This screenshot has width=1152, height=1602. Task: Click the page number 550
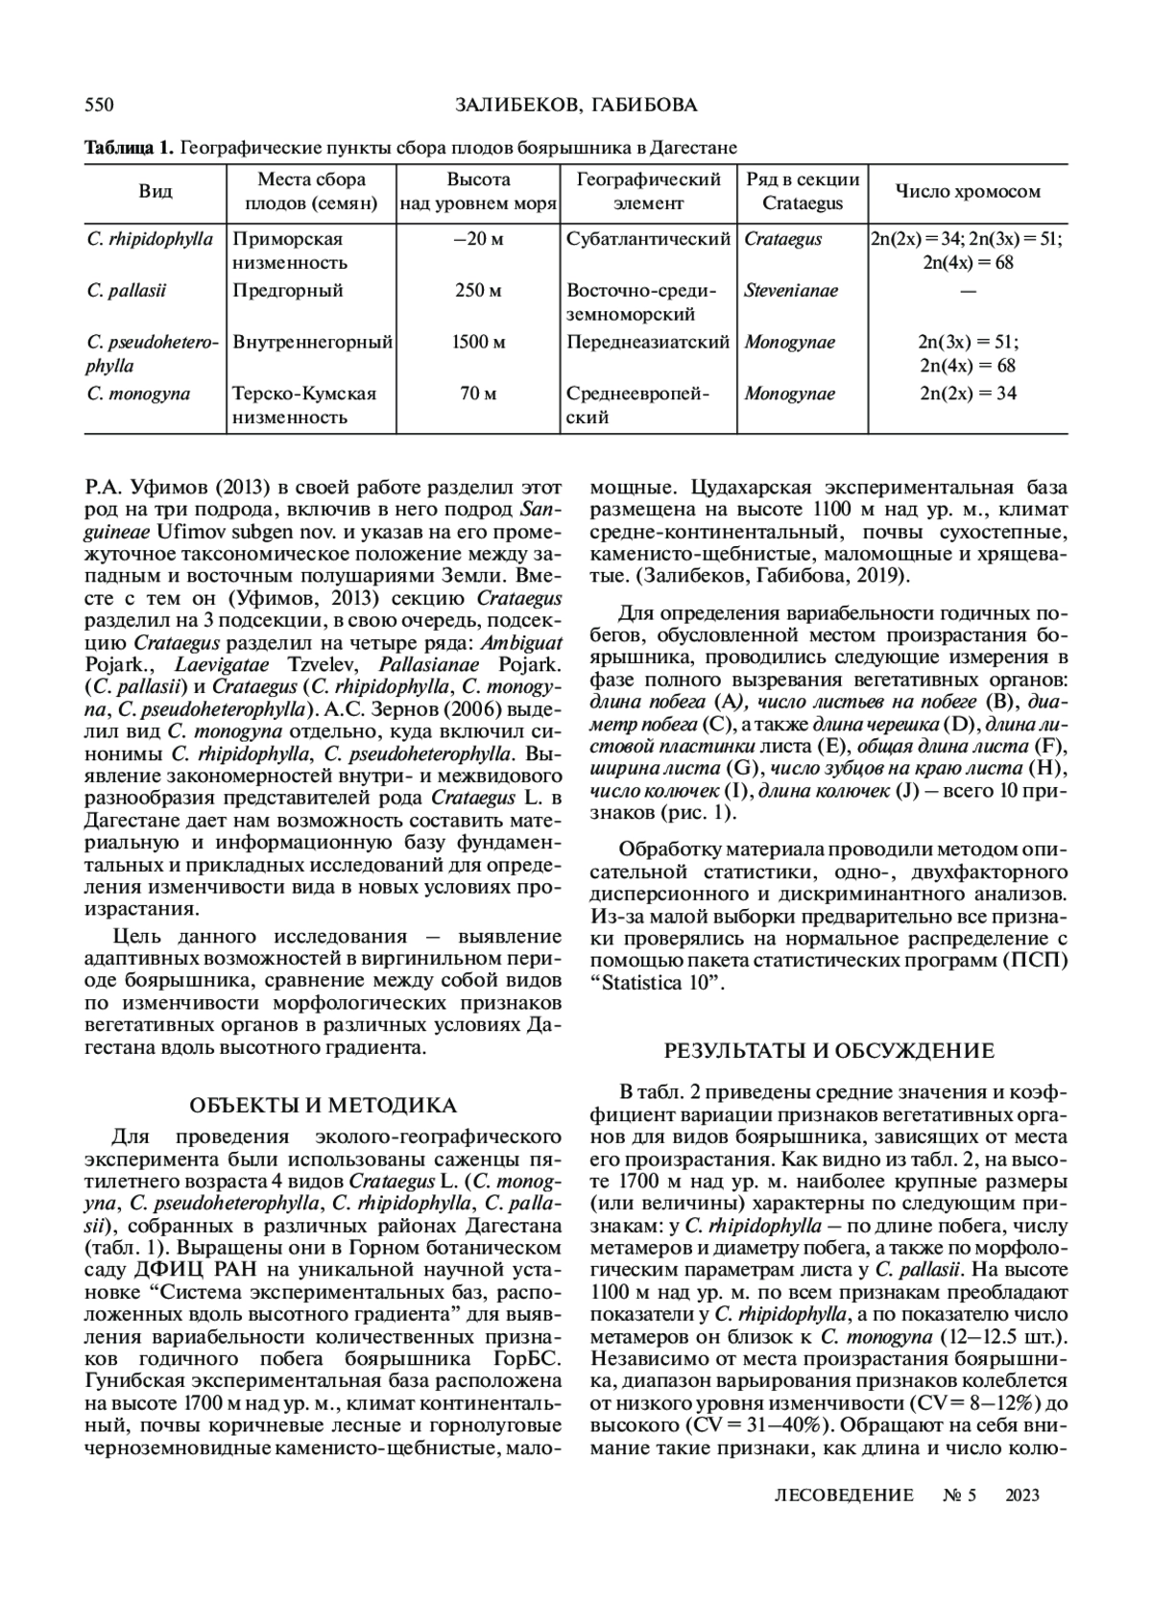coord(100,105)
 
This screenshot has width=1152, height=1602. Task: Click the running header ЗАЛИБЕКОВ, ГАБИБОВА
coord(575,105)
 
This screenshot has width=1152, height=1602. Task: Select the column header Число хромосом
coord(967,191)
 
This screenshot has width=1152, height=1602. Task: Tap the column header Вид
coord(156,191)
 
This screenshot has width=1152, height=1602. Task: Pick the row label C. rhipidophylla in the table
coord(150,239)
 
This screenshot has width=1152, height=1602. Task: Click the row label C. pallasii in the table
coord(120,290)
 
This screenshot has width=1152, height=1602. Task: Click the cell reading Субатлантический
coord(648,239)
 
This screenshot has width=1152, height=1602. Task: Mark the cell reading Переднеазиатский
coord(648,342)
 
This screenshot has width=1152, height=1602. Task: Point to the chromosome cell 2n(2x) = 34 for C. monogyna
coord(967,394)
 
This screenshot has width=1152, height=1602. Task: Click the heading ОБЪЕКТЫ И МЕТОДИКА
coord(323,1106)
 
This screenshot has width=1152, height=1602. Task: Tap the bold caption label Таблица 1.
coord(129,148)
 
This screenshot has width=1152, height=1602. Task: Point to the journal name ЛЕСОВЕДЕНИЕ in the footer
coord(843,1494)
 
